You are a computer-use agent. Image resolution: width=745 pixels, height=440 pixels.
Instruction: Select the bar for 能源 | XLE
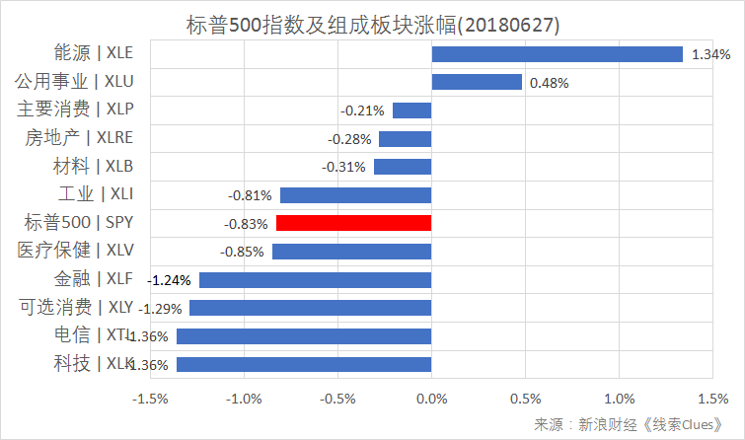(557, 54)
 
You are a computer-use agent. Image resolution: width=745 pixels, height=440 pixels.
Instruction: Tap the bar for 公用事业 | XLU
(477, 82)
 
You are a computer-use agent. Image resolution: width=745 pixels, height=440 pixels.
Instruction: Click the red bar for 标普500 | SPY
(353, 223)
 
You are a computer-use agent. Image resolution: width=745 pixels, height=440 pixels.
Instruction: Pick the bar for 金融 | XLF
(315, 280)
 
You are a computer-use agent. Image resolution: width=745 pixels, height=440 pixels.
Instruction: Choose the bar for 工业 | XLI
(355, 195)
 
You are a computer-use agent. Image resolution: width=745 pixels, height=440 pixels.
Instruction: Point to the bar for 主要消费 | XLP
(411, 110)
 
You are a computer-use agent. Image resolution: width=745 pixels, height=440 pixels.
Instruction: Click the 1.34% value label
(710, 54)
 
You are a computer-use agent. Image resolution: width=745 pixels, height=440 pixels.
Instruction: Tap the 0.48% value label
(550, 83)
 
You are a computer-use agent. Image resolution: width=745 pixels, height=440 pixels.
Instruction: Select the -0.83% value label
(245, 224)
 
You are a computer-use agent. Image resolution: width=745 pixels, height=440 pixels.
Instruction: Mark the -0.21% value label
(361, 110)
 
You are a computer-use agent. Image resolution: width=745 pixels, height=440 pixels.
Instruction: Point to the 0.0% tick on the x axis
(431, 399)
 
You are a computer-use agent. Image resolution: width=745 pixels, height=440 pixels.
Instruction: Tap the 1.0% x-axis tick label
(619, 399)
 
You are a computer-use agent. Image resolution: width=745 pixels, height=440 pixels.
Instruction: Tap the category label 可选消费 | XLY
(74, 307)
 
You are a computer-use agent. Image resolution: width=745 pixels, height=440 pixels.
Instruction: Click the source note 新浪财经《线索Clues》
(632, 424)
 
